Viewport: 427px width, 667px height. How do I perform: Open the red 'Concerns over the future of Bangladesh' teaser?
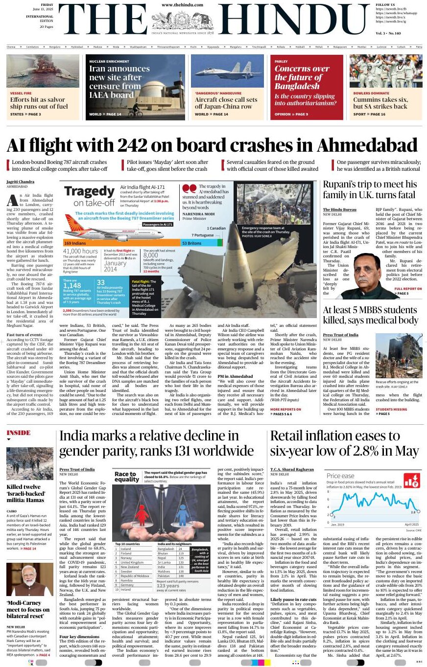tap(307, 87)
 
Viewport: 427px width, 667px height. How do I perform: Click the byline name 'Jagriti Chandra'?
tap(21, 182)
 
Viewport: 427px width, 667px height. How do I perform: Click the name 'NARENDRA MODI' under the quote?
tap(200, 213)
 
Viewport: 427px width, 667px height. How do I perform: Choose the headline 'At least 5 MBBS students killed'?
tap(370, 315)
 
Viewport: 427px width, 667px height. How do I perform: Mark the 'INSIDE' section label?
tap(19, 433)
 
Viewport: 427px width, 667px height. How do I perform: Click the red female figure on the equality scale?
tap(142, 515)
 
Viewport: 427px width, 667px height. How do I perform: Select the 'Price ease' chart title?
tap(340, 476)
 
